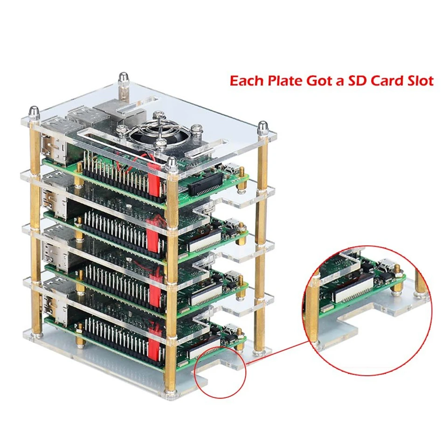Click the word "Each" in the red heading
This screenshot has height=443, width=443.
click(246, 81)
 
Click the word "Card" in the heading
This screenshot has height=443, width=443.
click(387, 81)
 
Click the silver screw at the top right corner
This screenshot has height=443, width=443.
click(263, 127)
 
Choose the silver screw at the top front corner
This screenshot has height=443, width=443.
click(172, 163)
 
